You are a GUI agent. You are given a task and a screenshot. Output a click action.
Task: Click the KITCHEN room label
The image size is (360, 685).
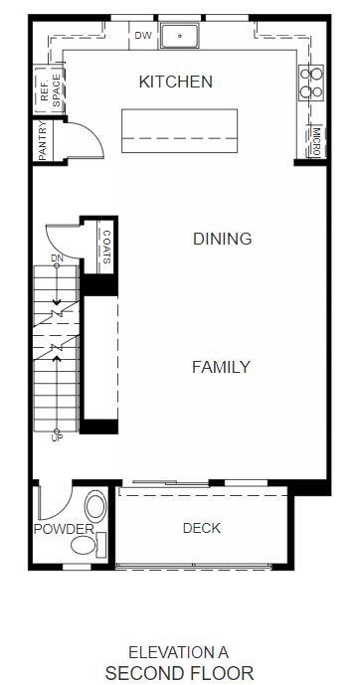(x=176, y=82)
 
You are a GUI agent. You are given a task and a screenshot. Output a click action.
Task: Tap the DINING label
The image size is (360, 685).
(x=223, y=239)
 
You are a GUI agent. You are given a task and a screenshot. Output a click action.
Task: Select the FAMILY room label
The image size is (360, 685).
(x=222, y=367)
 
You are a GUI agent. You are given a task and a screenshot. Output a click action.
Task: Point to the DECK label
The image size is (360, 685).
(x=202, y=528)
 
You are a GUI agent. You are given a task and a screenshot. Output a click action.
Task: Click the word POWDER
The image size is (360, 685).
(x=65, y=529)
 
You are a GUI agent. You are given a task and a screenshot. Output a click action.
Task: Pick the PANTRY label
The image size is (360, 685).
(x=43, y=140)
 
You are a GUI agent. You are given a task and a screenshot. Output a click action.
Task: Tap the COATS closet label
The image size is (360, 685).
(x=106, y=248)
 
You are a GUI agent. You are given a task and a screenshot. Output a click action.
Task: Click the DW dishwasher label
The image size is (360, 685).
(x=143, y=36)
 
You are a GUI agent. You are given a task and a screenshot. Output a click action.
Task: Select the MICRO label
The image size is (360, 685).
(x=317, y=142)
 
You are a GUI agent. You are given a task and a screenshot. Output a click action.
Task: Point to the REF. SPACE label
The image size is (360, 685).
(x=51, y=90)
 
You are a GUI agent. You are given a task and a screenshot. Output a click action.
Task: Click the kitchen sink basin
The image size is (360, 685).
(x=180, y=36)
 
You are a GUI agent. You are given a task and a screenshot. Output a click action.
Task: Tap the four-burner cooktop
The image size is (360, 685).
(x=311, y=83)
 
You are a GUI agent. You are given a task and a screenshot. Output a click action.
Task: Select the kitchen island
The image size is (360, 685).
(x=180, y=130)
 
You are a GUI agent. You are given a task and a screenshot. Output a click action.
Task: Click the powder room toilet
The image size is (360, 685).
(x=87, y=545)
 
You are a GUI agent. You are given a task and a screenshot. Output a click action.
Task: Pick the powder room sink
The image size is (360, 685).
(x=95, y=507)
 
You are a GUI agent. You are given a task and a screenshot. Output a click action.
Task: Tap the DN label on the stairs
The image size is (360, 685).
(x=57, y=258)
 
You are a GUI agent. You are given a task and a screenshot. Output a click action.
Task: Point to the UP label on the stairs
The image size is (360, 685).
(x=57, y=438)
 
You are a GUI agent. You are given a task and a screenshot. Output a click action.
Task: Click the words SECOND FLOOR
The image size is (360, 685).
(x=179, y=673)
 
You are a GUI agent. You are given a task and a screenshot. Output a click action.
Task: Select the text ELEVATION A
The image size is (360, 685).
(x=179, y=652)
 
